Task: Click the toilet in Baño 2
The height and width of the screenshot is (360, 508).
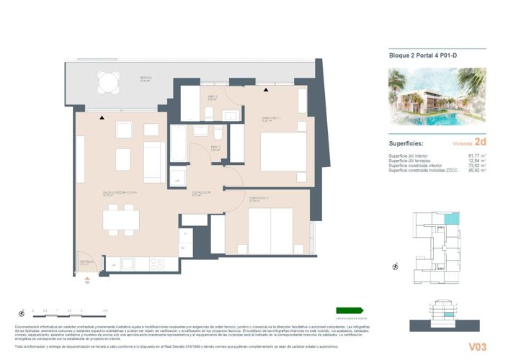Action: pos(208,112)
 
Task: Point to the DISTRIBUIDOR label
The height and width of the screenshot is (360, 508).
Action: pos(200,192)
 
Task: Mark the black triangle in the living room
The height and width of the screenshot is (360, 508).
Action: pos(102,117)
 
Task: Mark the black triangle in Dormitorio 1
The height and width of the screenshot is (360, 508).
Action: pos(266,90)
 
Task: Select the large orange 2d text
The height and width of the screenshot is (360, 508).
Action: pos(480,143)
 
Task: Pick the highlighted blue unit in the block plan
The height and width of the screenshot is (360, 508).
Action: pos(450,219)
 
